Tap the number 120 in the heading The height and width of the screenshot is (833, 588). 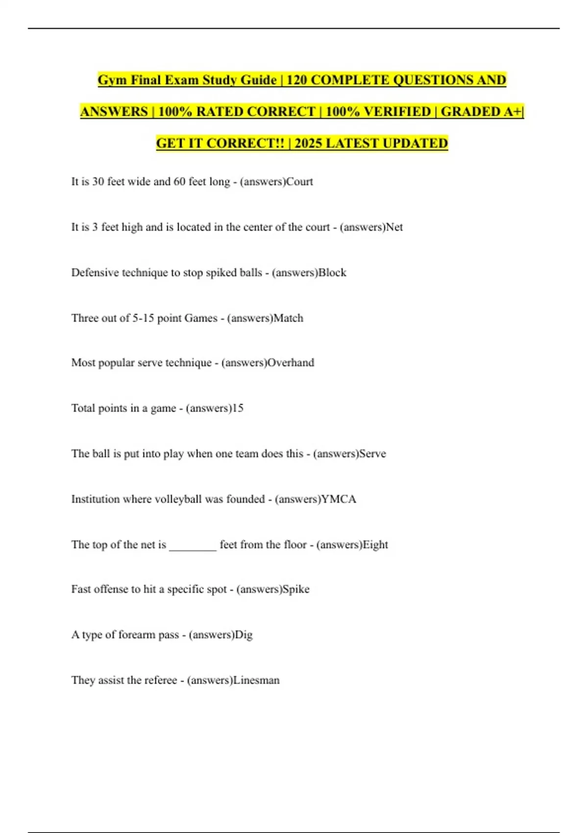tap(296, 80)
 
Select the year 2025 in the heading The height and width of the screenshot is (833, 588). tap(308, 143)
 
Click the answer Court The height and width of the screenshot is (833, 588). tap(299, 182)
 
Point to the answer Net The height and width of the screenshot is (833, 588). tap(394, 227)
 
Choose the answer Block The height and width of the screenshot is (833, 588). tap(332, 273)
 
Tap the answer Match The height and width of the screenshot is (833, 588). tap(288, 318)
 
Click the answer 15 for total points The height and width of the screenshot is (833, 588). tap(237, 408)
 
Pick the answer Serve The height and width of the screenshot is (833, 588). tap(372, 454)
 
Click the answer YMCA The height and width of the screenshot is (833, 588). tap(339, 499)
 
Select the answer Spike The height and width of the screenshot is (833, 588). tap(296, 589)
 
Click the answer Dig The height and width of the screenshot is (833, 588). tap(244, 635)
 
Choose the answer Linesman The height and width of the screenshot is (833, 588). tap(256, 681)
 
